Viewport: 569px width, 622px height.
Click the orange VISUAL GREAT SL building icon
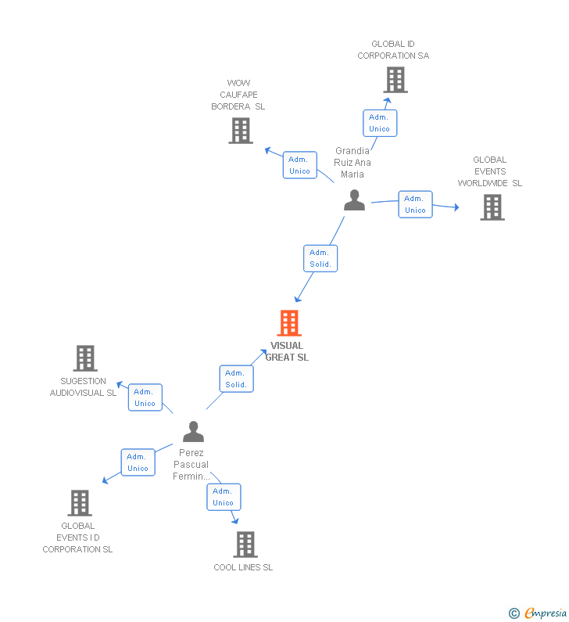click(289, 323)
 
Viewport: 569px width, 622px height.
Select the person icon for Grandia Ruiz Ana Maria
click(354, 200)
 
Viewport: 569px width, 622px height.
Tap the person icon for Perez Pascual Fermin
click(193, 431)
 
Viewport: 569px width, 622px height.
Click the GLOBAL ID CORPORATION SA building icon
click(395, 80)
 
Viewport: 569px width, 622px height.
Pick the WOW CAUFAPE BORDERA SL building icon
click(241, 131)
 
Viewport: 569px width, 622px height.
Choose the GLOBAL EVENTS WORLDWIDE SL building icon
click(492, 207)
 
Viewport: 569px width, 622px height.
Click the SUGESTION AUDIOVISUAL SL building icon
click(84, 358)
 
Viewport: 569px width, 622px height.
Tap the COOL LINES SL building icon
click(245, 545)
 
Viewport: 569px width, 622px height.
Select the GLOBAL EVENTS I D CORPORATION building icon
click(80, 503)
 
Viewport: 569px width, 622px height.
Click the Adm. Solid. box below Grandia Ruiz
click(320, 258)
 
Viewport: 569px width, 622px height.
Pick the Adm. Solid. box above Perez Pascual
click(236, 379)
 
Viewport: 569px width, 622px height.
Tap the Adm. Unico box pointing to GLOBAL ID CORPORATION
click(380, 123)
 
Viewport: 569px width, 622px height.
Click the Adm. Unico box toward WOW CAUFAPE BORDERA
click(300, 165)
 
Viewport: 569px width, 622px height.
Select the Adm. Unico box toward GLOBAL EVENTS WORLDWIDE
click(415, 204)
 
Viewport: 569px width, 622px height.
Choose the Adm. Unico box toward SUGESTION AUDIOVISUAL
click(145, 397)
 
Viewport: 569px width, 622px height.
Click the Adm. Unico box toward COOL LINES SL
click(224, 497)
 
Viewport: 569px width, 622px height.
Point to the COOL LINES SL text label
click(243, 567)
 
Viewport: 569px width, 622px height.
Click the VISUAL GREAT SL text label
click(287, 351)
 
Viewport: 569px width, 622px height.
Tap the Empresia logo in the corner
click(539, 613)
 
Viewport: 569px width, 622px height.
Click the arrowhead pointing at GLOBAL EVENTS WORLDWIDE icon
click(456, 207)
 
